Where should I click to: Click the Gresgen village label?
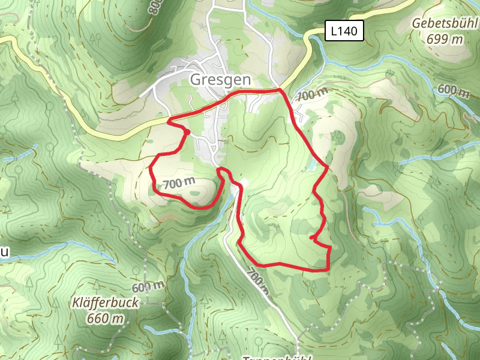coord(221,79)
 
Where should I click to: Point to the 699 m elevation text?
coord(445,39)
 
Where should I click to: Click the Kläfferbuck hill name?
coord(104,303)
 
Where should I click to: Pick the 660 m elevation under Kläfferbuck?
coord(105,318)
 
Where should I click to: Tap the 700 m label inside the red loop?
coord(179,184)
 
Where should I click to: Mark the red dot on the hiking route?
coord(187,132)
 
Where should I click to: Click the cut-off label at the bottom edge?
coord(276,358)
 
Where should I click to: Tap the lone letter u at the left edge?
coord(4,253)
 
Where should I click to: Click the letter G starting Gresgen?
coord(195,79)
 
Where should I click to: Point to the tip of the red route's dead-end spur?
coord(311,238)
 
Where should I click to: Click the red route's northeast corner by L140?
coord(280,90)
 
